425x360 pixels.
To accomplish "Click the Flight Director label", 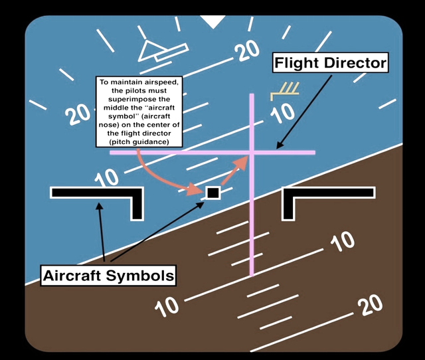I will coord(331,64).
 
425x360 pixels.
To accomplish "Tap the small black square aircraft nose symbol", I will coord(212,193).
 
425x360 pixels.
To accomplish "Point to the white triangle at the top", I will coord(213,22).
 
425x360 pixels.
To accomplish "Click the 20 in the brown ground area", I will coord(369,305).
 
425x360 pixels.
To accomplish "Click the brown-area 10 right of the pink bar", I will coord(343,242).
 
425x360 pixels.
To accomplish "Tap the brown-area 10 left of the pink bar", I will coord(167,306).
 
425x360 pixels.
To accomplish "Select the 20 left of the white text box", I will coord(78,114).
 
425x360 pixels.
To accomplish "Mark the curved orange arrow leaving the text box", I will coord(163,176).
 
